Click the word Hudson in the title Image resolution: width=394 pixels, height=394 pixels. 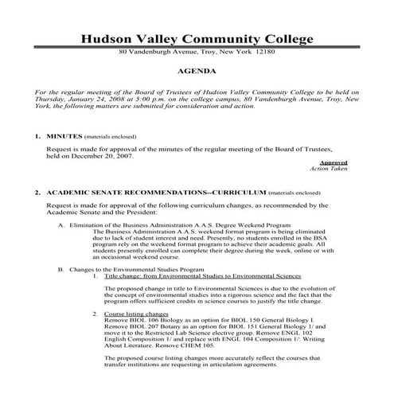pyautogui.click(x=109, y=40)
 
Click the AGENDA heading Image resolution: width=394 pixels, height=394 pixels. pyautogui.click(x=197, y=70)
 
